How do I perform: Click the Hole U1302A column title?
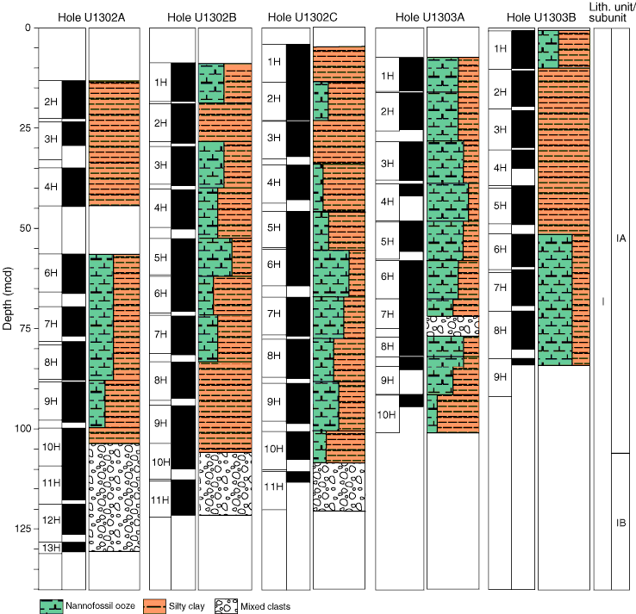[91, 17]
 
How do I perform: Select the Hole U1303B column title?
[541, 17]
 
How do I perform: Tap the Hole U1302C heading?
[302, 17]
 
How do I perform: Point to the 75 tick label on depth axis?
[25, 328]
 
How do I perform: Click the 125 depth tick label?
[22, 529]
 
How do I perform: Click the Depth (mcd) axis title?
[8, 298]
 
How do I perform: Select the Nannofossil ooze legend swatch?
[52, 606]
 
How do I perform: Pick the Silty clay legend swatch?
[154, 606]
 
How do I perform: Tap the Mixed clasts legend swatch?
[226, 606]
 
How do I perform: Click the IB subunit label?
[621, 523]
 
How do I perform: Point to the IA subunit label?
[621, 239]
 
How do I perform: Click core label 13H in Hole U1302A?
[52, 548]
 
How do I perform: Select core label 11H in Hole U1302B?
[159, 500]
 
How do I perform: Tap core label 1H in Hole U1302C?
[274, 62]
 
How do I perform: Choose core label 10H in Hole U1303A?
[387, 414]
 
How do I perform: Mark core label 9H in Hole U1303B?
[500, 377]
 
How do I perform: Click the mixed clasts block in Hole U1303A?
[453, 326]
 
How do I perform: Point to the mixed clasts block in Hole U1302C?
[339, 487]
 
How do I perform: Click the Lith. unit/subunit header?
[612, 13]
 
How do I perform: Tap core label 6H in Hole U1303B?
[500, 249]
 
